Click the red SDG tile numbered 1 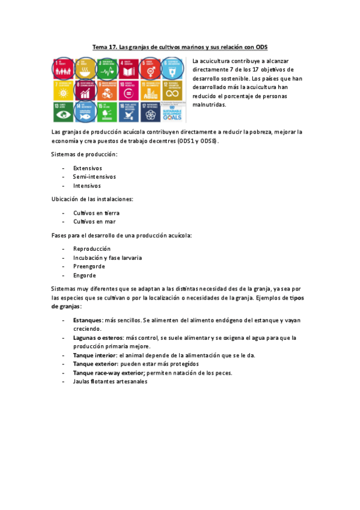pos(63,68)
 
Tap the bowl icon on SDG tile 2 pos(84,70)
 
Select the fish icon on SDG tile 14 pos(84,112)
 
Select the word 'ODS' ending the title pos(261,46)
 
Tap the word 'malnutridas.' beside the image pos(209,105)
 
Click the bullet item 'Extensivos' pos(87,168)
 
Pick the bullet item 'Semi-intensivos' pos(94,177)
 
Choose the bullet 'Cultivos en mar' pos(94,221)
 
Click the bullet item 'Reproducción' pos(91,248)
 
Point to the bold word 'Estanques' pos(87,320)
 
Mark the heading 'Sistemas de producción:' pos(84,155)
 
